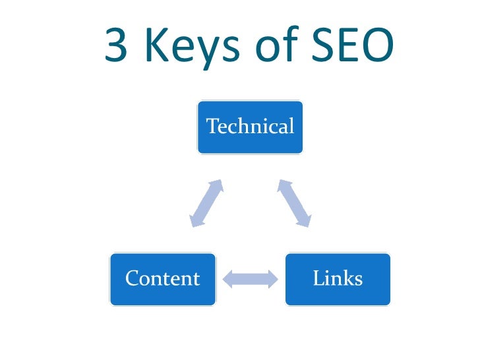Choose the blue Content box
(162, 279)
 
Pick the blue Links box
(338, 279)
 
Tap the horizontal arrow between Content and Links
(251, 279)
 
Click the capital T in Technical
(212, 126)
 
